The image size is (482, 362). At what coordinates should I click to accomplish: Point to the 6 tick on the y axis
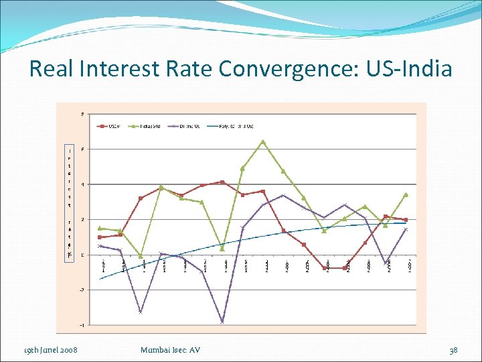coord(82,149)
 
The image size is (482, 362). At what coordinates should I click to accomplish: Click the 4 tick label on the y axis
coord(82,184)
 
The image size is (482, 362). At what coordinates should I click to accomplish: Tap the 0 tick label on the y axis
coord(82,255)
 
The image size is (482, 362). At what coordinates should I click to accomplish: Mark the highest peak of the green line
coord(263,141)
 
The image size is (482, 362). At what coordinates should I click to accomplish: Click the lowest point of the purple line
coord(222,322)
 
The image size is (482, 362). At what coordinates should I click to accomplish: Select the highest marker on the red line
coord(222,182)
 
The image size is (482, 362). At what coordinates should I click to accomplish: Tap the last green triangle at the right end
coord(406,194)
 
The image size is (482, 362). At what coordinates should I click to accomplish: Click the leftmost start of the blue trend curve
coord(100,279)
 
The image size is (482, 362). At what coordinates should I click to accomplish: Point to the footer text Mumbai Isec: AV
coord(171,350)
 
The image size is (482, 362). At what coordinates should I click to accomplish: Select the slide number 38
coord(453,350)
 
